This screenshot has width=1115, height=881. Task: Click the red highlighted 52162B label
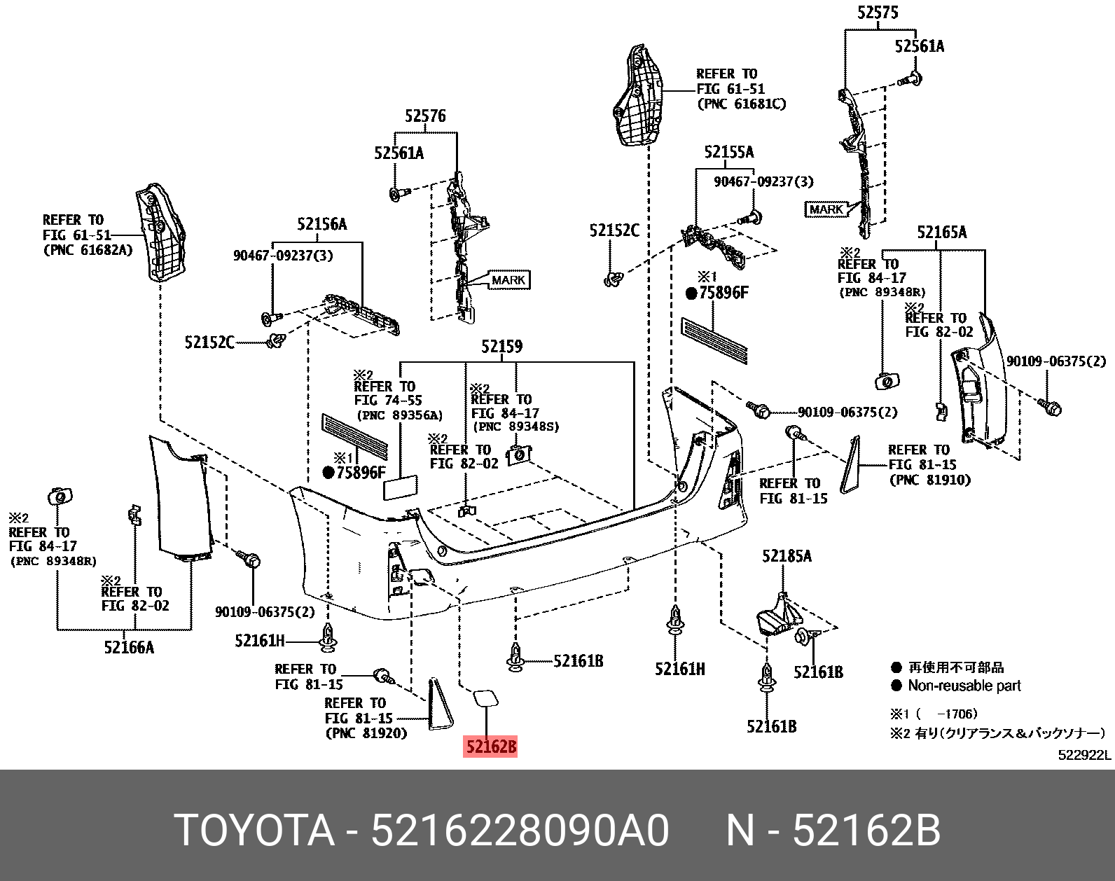pyautogui.click(x=491, y=748)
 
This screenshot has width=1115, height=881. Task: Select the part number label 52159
pyautogui.click(x=501, y=347)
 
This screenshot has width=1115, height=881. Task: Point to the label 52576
pyautogui.click(x=425, y=116)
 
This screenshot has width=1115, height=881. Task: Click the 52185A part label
pyautogui.click(x=787, y=556)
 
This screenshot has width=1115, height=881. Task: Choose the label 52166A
pyautogui.click(x=129, y=647)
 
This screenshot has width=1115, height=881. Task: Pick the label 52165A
pyautogui.click(x=941, y=232)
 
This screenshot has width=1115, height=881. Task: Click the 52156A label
pyautogui.click(x=321, y=224)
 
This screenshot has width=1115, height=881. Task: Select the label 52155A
pyautogui.click(x=729, y=152)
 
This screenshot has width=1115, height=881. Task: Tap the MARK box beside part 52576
pyautogui.click(x=508, y=280)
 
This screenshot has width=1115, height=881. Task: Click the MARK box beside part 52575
pyautogui.click(x=826, y=209)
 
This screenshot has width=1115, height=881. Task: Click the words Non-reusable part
pyautogui.click(x=964, y=686)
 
